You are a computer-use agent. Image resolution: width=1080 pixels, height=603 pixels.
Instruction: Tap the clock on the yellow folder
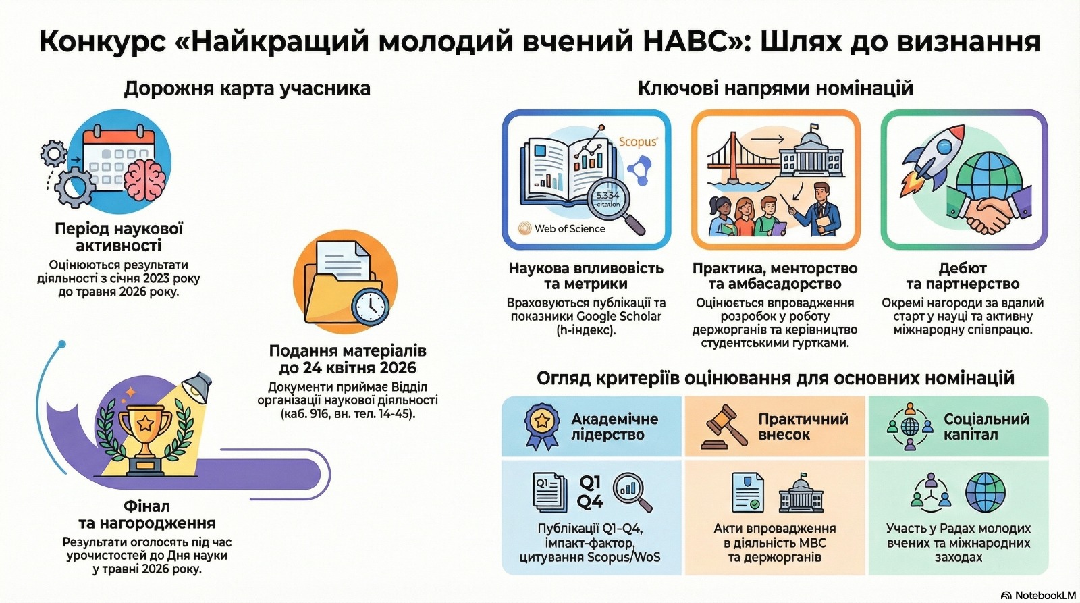[371, 307]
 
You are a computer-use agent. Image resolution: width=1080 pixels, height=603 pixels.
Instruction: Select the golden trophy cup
[144, 434]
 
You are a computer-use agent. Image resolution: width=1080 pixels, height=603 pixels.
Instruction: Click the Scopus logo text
[638, 141]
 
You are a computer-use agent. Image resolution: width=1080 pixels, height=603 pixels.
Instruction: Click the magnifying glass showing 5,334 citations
[616, 207]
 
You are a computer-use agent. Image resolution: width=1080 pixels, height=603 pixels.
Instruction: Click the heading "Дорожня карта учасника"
[247, 88]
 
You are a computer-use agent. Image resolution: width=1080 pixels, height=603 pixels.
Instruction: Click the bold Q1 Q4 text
[590, 492]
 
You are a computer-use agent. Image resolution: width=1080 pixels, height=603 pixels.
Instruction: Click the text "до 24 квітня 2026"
[348, 368]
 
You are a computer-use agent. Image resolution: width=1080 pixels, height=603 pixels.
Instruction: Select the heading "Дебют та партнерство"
[963, 276]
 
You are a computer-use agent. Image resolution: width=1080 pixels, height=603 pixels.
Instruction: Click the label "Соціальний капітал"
[986, 427]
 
